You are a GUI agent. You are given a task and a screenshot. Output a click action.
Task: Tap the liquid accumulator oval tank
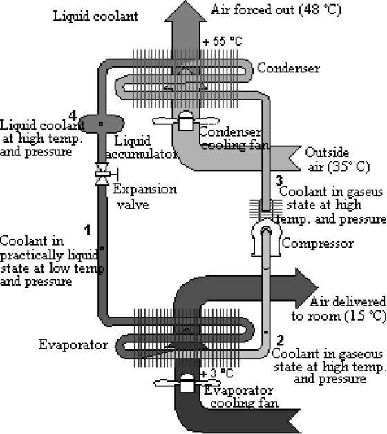click(x=102, y=124)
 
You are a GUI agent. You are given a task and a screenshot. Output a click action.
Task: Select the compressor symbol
click(x=266, y=238)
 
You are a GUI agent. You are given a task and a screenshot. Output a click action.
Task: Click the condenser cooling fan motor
click(x=186, y=121)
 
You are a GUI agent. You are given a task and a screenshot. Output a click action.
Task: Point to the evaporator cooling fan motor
click(x=187, y=383)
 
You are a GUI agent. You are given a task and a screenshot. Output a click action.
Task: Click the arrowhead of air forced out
click(x=185, y=11)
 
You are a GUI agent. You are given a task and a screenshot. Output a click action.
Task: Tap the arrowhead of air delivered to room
click(x=307, y=288)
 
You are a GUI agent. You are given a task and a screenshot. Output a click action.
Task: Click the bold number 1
click(x=88, y=230)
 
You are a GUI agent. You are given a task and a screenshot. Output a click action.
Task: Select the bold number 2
click(x=281, y=340)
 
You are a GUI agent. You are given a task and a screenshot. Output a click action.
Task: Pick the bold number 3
click(x=279, y=181)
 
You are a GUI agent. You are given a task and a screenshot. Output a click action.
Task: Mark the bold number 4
click(x=73, y=115)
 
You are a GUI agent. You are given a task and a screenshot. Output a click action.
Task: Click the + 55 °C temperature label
click(x=223, y=41)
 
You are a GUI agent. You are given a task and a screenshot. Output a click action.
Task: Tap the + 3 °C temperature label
click(x=216, y=374)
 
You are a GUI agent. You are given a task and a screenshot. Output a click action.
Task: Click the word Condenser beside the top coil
click(x=288, y=68)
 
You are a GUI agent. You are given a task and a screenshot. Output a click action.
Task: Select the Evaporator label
click(x=73, y=344)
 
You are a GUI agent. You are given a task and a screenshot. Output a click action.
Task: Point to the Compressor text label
click(x=318, y=244)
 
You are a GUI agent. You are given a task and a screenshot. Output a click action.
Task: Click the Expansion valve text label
click(x=144, y=197)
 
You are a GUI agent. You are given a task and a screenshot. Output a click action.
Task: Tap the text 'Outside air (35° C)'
click(x=337, y=160)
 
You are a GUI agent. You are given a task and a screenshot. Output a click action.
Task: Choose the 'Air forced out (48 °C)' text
click(x=276, y=10)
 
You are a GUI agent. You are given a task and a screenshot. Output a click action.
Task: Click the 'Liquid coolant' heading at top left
click(x=95, y=16)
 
